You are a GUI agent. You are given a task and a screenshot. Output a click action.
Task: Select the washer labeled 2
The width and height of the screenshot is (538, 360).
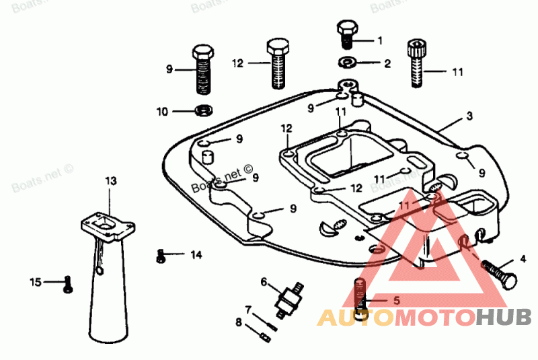point(348,64)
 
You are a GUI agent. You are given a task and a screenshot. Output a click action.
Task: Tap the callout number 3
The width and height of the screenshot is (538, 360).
point(469,116)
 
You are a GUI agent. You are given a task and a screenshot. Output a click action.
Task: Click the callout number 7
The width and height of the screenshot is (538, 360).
point(248,310)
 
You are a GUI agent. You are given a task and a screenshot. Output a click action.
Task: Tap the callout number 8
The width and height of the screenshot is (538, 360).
point(238,322)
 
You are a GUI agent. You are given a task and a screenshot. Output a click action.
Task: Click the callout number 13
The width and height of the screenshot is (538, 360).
point(111,180)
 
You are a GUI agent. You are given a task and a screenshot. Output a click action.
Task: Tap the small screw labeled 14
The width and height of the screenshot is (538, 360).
point(160,256)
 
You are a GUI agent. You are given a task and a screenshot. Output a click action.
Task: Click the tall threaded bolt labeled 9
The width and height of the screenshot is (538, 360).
point(202,70)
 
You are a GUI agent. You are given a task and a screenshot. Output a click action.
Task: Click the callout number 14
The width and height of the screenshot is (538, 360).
point(196,254)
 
